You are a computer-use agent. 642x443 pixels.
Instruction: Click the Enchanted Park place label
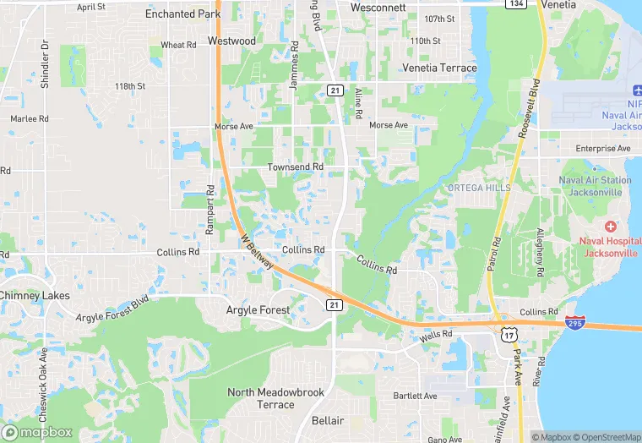(182, 14)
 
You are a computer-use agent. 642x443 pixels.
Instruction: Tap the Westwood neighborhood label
(231, 41)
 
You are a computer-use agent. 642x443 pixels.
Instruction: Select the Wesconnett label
(378, 8)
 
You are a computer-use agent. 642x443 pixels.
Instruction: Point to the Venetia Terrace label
(439, 68)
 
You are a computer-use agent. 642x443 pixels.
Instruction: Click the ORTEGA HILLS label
(479, 188)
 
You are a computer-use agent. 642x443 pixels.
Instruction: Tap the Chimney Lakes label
(35, 296)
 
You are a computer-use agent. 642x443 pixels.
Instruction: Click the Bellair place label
(328, 421)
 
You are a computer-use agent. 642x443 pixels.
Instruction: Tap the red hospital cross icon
(611, 227)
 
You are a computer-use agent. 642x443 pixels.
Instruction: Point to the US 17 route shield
(509, 336)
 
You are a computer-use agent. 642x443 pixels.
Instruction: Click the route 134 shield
(515, 4)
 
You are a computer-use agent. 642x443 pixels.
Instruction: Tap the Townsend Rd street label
(296, 167)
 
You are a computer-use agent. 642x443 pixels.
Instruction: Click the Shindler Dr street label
(45, 63)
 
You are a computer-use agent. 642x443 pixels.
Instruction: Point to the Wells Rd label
(436, 336)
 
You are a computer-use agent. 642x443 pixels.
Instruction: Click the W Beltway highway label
(257, 253)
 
